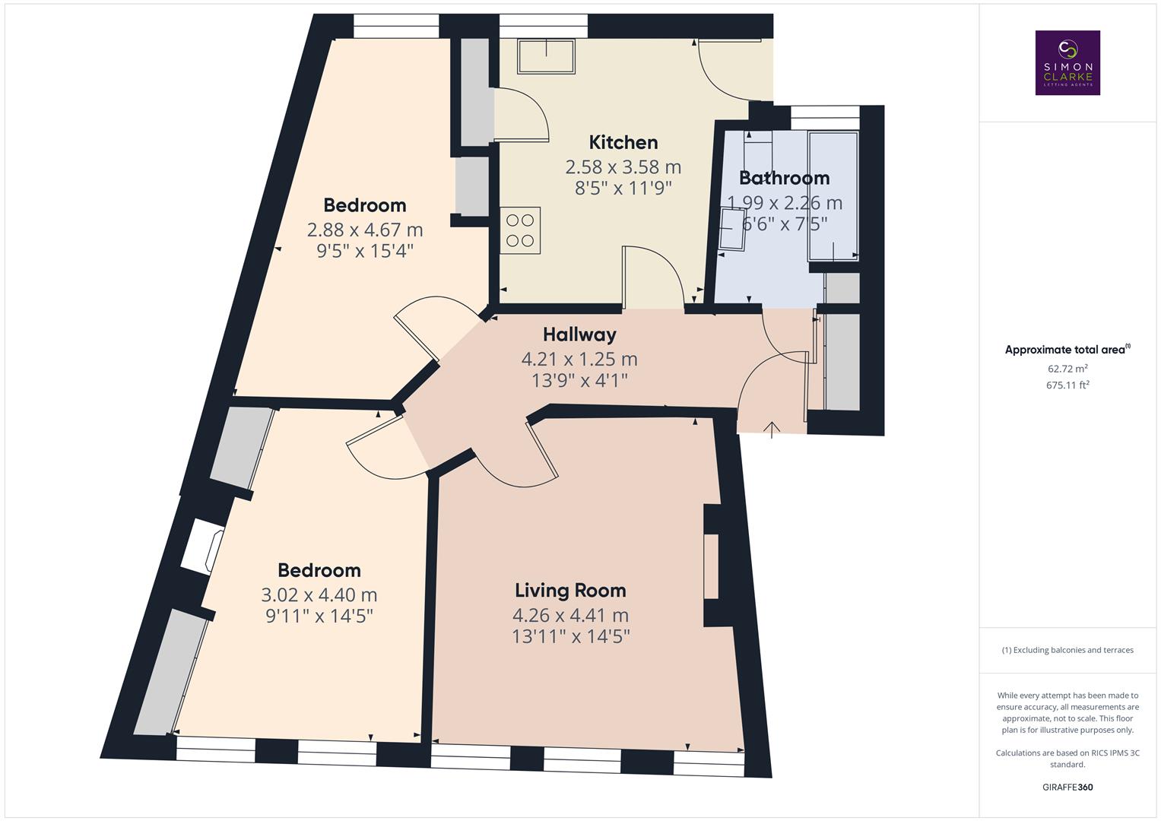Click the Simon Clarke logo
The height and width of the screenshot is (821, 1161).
(x=1067, y=62)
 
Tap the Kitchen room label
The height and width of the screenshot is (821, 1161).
(x=623, y=142)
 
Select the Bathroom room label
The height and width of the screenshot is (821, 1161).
(x=784, y=178)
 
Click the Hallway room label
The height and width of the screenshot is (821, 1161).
(x=579, y=334)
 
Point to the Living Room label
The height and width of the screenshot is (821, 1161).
(x=570, y=591)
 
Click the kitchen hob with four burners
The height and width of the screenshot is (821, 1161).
(x=520, y=230)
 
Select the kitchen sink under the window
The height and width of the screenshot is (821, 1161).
(x=547, y=56)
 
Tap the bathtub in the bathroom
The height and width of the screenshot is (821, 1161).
(x=833, y=196)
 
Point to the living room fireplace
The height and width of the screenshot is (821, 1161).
(x=711, y=567)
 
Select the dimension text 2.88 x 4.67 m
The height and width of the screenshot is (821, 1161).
(x=365, y=230)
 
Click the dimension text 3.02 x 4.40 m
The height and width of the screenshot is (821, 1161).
(x=319, y=594)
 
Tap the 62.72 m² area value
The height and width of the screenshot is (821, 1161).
(x=1067, y=369)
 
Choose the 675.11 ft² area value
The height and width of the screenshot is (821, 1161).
(x=1067, y=385)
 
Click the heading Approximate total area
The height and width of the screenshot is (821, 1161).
(x=1067, y=350)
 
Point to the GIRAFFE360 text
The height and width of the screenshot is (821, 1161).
(x=1067, y=788)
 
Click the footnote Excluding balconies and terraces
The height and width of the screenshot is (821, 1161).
(x=1067, y=650)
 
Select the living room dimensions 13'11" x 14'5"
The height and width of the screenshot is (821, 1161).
(x=570, y=636)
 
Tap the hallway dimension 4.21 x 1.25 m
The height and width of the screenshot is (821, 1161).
(x=579, y=359)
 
